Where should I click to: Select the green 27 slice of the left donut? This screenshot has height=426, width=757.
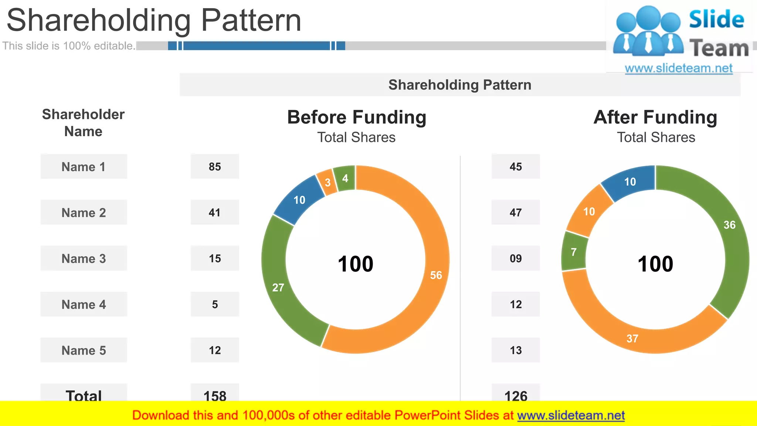coord(278,287)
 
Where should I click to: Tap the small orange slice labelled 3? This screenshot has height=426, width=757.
coord(327,182)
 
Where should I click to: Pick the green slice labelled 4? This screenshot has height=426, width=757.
coord(345,178)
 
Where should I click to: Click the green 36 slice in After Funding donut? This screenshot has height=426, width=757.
coord(729,225)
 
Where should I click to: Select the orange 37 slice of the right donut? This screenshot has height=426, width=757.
coord(632,338)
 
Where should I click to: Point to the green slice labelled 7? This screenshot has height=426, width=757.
coord(574,252)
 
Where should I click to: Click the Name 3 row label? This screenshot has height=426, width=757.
coord(84,258)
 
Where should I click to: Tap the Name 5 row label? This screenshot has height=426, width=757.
coord(84,350)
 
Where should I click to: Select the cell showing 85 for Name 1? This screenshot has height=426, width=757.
coord(215,167)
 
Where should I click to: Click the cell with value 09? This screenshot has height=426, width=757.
coord(516,258)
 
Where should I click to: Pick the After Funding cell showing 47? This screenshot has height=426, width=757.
coord(516,213)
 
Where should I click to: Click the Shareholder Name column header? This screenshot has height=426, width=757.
coord(83,123)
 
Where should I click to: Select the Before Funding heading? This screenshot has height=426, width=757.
coord(357,117)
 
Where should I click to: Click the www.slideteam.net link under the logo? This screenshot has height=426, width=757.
coord(679,68)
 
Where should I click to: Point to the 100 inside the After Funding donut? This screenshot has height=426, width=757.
coord(655,264)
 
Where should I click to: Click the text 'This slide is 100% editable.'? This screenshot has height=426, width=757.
coord(69,46)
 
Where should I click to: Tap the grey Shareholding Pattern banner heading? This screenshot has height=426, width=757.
coord(460,85)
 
